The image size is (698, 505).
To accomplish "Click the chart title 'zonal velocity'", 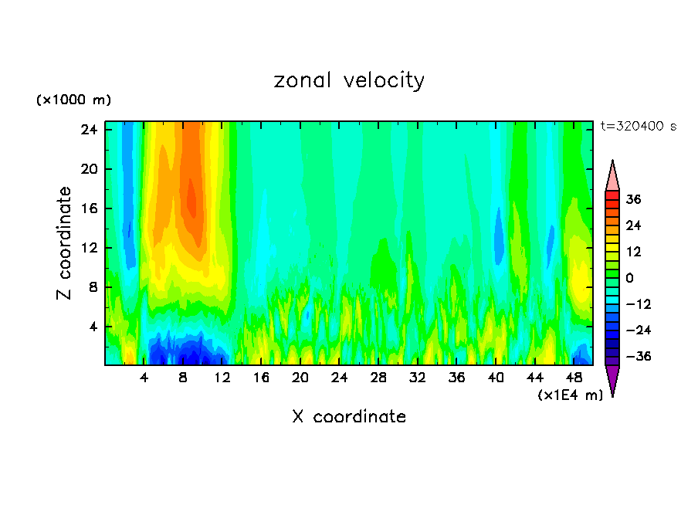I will pyautogui.click(x=349, y=80).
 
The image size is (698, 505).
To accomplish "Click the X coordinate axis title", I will pyautogui.click(x=349, y=417).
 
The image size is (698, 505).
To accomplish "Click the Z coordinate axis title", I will pyautogui.click(x=65, y=243).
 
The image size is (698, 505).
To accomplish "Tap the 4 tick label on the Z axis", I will pyautogui.click(x=93, y=327).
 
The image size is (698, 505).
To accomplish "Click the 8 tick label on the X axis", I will pyautogui.click(x=183, y=378).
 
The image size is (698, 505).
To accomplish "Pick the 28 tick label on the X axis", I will pyautogui.click(x=378, y=378).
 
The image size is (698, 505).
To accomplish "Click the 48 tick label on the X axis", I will pyautogui.click(x=574, y=378).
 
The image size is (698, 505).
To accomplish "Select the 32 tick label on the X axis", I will pyautogui.click(x=418, y=378).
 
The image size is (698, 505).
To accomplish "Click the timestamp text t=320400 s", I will pyautogui.click(x=638, y=126).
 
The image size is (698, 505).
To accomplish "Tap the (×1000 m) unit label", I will pyautogui.click(x=73, y=100).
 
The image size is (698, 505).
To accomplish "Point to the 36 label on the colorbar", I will pyautogui.click(x=633, y=199).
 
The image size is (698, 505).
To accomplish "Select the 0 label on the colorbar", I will pyautogui.click(x=629, y=278).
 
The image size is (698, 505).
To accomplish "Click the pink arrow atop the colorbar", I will pyautogui.click(x=612, y=176).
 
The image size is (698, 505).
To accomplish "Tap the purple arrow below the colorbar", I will pyautogui.click(x=612, y=379).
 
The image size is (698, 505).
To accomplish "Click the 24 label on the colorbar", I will pyautogui.click(x=633, y=225).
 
